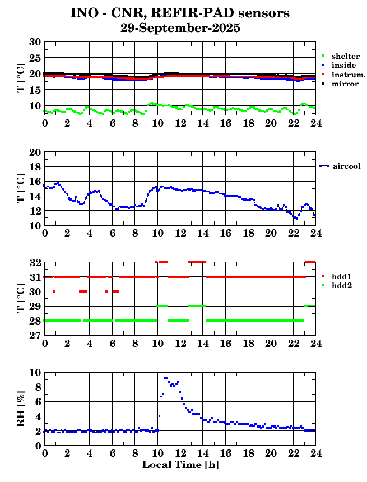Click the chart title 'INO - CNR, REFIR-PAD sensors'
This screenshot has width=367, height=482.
(180, 13)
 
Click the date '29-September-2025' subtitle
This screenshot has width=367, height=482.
(180, 27)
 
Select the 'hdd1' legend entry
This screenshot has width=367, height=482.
(341, 276)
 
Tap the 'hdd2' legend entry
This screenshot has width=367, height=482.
(341, 285)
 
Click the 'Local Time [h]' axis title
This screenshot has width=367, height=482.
(180, 465)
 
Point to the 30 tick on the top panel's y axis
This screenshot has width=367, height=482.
(35, 42)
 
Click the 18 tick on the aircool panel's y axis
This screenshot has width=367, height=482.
(35, 167)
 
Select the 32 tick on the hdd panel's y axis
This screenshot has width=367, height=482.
(35, 262)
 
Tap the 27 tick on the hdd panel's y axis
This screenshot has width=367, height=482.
(35, 335)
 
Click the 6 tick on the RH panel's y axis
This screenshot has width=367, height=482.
(38, 402)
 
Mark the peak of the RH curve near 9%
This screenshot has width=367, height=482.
(166, 378)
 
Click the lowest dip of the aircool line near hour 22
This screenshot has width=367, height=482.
(296, 218)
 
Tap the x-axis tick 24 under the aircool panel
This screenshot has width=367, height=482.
(316, 233)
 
